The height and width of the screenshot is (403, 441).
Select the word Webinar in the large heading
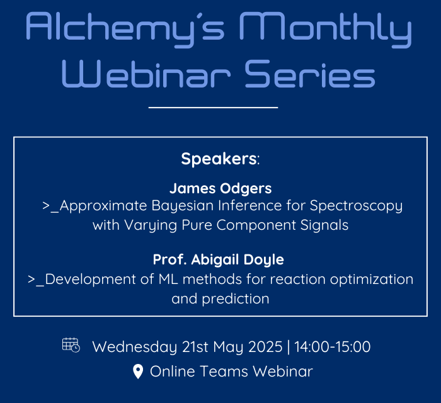click(x=146, y=74)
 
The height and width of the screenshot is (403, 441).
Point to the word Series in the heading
click(x=310, y=74)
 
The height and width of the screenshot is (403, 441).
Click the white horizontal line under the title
click(x=213, y=107)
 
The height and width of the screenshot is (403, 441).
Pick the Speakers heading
click(x=220, y=159)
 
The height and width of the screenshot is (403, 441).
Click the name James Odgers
click(x=220, y=188)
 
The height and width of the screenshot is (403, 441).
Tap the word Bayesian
click(x=183, y=206)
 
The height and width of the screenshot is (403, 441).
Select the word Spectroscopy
click(x=356, y=206)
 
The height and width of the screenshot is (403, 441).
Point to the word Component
click(x=256, y=225)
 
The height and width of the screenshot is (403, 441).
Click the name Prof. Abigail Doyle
click(x=219, y=259)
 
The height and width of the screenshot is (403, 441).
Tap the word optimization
click(x=372, y=280)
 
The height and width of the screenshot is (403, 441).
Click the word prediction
click(x=236, y=299)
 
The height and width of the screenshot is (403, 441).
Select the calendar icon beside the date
click(x=71, y=345)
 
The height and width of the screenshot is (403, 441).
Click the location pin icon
click(x=138, y=372)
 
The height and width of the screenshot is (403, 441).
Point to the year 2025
click(x=265, y=347)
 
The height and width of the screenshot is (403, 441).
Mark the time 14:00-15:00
click(x=333, y=347)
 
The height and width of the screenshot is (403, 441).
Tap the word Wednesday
click(x=135, y=348)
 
